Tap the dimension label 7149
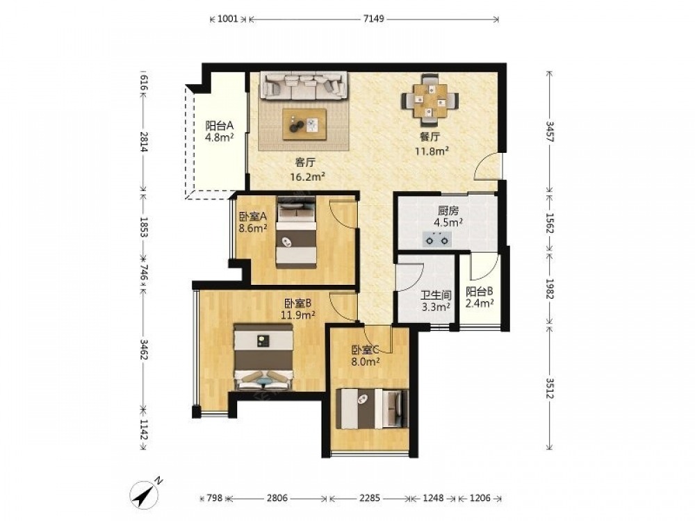[373, 19]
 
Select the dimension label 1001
[229, 19]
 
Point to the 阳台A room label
[219, 125]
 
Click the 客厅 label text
[305, 163]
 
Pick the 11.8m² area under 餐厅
[432, 151]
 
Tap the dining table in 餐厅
[430, 100]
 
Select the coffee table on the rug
[304, 124]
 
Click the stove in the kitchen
[437, 239]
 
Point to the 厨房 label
[448, 210]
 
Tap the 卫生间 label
[436, 295]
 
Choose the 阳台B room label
[479, 292]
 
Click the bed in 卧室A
[297, 233]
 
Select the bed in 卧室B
[263, 357]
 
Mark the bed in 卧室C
[373, 408]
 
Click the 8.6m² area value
[253, 229]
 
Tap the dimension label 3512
[550, 388]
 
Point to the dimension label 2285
[369, 498]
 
